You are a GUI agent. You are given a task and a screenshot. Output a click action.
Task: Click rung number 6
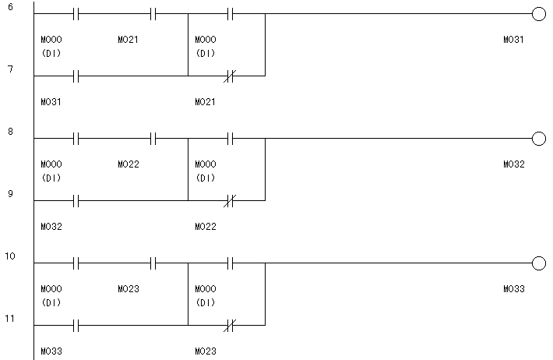point(10,7)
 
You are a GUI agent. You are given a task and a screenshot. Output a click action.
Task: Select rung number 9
point(10,193)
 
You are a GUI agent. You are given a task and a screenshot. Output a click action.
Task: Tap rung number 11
point(9,319)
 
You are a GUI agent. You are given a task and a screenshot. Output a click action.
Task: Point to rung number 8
point(10,131)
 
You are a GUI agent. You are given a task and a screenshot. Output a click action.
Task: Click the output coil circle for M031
point(538,14)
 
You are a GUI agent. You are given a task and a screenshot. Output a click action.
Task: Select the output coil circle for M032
point(538,139)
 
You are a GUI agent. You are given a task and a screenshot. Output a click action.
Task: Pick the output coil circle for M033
point(538,263)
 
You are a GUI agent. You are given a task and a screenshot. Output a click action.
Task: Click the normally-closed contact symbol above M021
point(230,76)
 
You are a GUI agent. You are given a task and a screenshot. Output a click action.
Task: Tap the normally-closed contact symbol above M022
point(230,200)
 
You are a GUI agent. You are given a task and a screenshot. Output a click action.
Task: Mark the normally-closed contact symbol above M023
point(230,325)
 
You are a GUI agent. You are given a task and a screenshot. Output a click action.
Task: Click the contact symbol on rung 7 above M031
point(76,76)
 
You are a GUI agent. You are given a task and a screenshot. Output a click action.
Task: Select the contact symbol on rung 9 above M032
point(76,200)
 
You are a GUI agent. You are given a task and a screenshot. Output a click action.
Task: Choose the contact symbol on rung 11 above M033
point(76,325)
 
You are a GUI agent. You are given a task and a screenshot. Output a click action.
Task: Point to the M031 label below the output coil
point(513,40)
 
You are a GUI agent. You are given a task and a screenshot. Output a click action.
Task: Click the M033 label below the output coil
point(514,289)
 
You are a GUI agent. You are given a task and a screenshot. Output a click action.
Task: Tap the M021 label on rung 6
point(128,40)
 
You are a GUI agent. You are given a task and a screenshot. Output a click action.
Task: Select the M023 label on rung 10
point(129,289)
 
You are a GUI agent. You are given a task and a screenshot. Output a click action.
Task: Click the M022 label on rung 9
point(206,226)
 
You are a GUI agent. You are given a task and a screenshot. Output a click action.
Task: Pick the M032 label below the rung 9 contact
point(51,226)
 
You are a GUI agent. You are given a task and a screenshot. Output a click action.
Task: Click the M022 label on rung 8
point(129,164)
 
